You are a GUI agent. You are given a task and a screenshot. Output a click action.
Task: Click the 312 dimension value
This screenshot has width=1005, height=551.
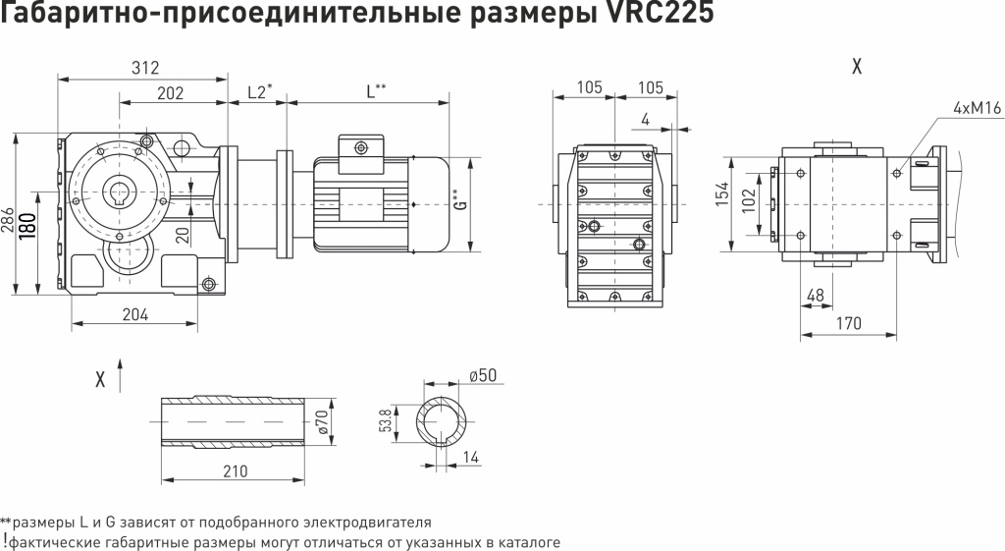pos(144,67)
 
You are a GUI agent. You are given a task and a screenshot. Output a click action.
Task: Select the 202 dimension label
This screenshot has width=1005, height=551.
pos(171,92)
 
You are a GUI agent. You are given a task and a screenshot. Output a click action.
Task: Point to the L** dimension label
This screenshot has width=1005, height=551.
pos(376,91)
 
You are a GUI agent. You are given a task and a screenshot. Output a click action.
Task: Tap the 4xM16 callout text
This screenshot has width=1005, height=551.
pos(976,108)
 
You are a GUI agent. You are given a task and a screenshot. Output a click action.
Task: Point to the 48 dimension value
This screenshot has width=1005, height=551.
pos(815,295)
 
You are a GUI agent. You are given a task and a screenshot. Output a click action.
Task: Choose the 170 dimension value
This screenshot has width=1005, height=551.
pos(849,323)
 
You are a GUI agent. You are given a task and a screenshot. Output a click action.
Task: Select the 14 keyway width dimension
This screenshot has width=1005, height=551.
pos(471,458)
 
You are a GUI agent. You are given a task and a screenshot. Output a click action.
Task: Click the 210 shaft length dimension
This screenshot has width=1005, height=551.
pos(235,470)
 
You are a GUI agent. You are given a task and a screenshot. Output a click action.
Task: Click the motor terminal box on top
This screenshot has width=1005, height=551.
pos(360,148)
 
